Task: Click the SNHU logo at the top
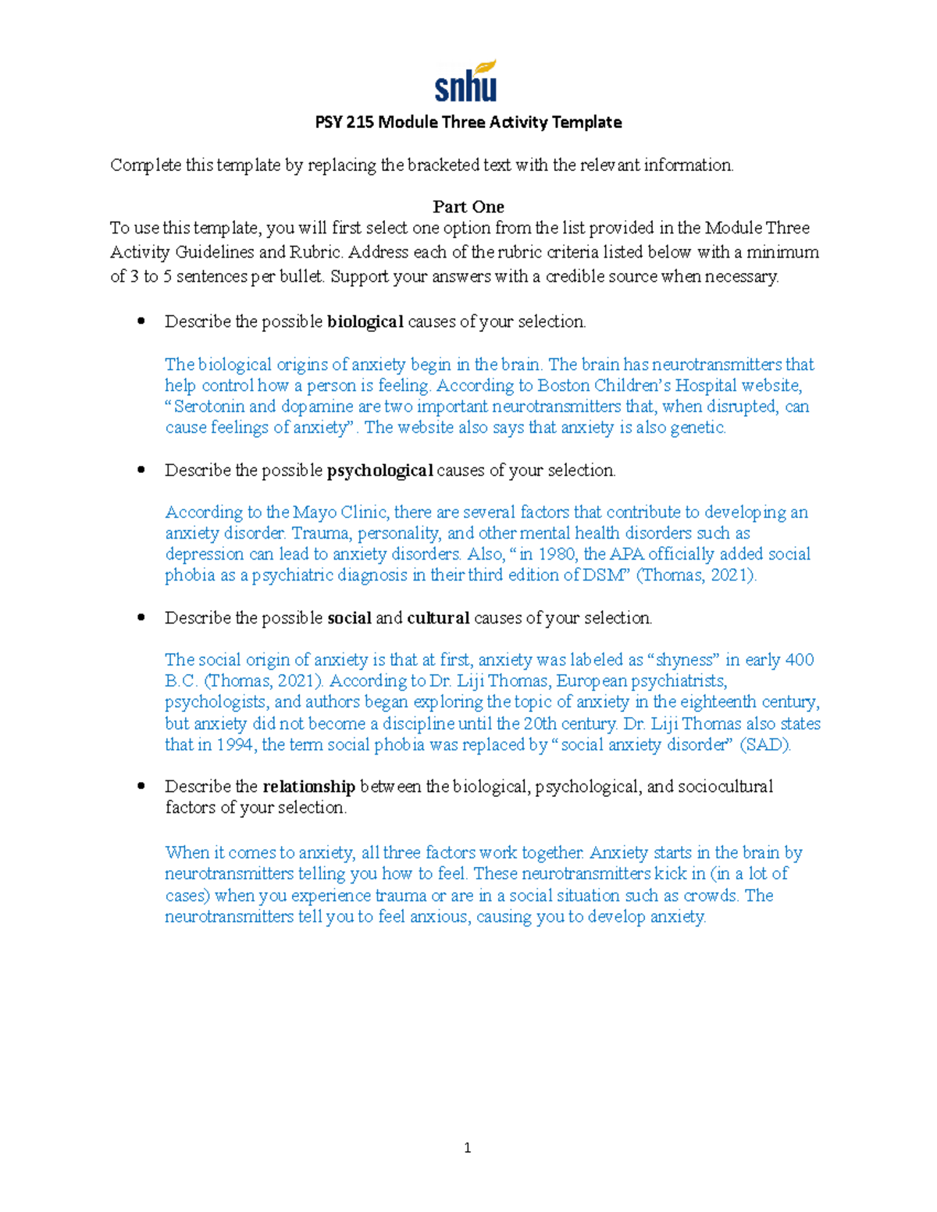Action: [466, 82]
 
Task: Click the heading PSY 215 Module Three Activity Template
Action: [468, 123]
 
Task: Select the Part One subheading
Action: [468, 207]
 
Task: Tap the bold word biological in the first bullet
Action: [365, 322]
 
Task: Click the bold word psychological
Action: [379, 471]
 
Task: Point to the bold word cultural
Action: [438, 618]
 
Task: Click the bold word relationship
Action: [308, 787]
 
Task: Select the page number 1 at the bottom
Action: [467, 1147]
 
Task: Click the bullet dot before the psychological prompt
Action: [141, 470]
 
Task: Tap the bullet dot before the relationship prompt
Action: [141, 786]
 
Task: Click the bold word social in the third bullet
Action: [349, 618]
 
